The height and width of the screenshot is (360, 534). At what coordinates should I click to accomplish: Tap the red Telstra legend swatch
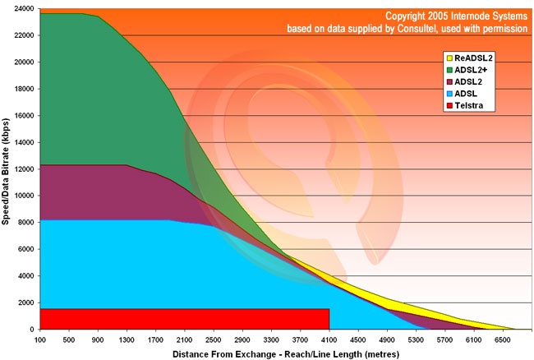449,107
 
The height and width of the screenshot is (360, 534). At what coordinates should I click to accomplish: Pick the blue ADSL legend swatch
449,95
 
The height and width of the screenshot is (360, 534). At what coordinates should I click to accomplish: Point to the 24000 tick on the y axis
22,9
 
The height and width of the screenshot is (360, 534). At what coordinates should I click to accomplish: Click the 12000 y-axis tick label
22,169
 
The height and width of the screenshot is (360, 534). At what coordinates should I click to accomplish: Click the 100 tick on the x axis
39,339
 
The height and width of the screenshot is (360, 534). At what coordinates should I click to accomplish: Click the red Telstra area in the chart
181,319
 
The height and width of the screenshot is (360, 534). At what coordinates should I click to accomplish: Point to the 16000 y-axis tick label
22,116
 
